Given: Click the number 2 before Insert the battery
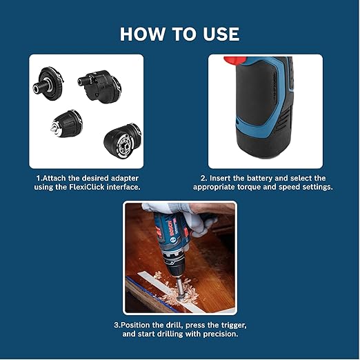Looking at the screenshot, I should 195,177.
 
